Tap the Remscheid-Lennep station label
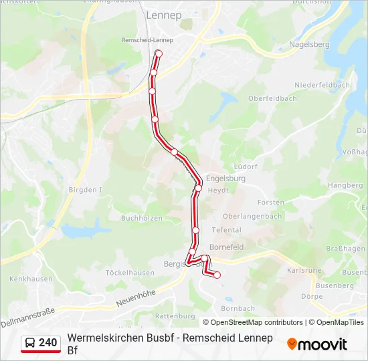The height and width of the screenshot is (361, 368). click(x=147, y=40)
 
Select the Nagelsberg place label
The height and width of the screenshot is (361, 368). click(x=309, y=44)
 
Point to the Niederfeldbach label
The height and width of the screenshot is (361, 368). click(x=323, y=86)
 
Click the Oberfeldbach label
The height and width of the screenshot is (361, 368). click(x=272, y=98)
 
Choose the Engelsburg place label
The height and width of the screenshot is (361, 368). click(x=225, y=178)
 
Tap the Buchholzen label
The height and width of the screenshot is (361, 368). click(x=142, y=218)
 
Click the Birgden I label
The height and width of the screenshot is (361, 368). click(x=84, y=190)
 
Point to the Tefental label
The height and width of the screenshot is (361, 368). click(x=226, y=230)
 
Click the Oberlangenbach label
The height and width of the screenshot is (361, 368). click(x=251, y=216)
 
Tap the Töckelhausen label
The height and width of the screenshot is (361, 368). click(x=130, y=273)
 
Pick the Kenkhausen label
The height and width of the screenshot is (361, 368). click(x=27, y=277)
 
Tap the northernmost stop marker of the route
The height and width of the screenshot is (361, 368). click(x=159, y=53)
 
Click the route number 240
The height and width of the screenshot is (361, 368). click(x=48, y=342)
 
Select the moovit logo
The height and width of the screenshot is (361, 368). click(x=317, y=344)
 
